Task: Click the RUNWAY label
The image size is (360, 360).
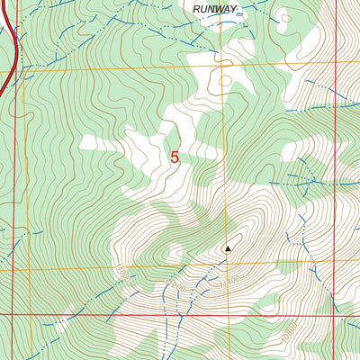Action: (x=215, y=10)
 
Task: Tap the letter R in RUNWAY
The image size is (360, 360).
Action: (x=196, y=10)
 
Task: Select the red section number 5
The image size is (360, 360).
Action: (x=174, y=157)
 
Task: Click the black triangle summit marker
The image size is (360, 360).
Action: (x=228, y=248)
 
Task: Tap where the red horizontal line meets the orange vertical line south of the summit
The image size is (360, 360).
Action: (x=223, y=315)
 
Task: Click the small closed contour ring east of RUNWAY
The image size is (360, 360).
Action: (x=284, y=16)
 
